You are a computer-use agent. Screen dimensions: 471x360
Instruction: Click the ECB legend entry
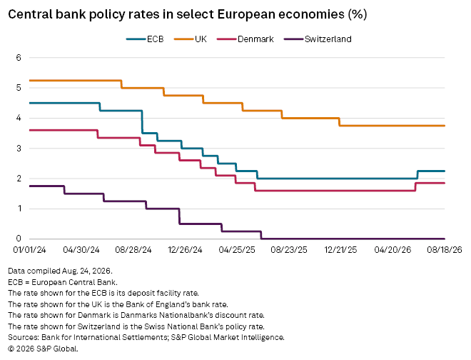[x=145, y=39]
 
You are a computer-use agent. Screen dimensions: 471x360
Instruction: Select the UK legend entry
[x=190, y=39]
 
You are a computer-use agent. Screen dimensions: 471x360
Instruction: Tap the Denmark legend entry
[x=245, y=39]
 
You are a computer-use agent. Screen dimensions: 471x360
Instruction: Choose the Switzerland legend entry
[x=318, y=39]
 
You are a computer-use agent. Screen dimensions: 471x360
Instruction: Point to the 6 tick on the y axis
[x=19, y=57]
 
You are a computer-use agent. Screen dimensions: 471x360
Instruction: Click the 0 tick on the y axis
[x=19, y=239]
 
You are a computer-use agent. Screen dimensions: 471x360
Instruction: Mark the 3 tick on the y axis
[x=19, y=149]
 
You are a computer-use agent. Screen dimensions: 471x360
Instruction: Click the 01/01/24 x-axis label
[x=29, y=250]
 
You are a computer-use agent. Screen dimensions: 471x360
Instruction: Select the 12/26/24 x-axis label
[x=185, y=250]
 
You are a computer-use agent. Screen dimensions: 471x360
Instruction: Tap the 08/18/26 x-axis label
[x=445, y=250]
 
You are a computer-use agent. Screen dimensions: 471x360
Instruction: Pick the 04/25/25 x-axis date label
[x=237, y=250]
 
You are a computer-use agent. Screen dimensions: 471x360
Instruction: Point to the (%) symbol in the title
[x=358, y=14]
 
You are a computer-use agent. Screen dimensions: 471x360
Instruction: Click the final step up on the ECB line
[x=417, y=175]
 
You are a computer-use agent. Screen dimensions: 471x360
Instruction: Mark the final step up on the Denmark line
[x=415, y=186]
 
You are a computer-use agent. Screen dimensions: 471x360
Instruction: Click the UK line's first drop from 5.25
[x=121, y=84]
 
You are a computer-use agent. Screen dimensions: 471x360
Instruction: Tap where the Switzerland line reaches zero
[x=261, y=239]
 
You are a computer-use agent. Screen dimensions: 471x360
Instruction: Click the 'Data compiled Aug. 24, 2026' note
[x=60, y=271]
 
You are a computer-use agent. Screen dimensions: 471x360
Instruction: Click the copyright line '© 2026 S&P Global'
[x=43, y=349]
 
